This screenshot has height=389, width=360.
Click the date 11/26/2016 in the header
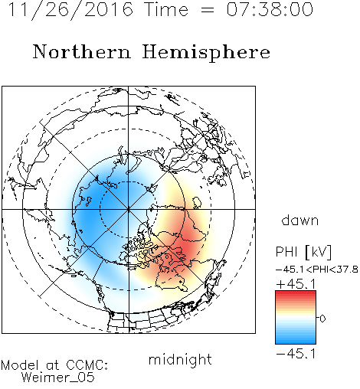point(70,9)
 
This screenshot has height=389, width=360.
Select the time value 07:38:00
point(270,9)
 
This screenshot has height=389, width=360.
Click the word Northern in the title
point(82,51)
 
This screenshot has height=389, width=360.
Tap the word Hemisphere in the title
point(206,53)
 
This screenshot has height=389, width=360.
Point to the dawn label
point(300,220)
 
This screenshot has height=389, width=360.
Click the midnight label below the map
point(180,359)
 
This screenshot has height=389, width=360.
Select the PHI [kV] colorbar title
point(303,252)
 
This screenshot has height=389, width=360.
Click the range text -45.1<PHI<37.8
point(317,269)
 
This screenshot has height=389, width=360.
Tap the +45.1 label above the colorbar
point(296,283)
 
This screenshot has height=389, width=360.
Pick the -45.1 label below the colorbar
point(296,354)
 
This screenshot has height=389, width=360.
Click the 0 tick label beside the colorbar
point(322,319)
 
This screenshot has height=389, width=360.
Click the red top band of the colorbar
point(296,294)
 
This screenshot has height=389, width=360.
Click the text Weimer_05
point(58,377)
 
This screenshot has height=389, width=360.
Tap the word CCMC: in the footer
point(87,364)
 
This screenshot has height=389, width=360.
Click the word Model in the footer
point(20,365)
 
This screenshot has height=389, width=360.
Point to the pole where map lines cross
point(129,209)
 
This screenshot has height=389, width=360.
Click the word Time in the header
point(166,9)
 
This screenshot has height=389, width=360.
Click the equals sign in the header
point(208,10)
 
